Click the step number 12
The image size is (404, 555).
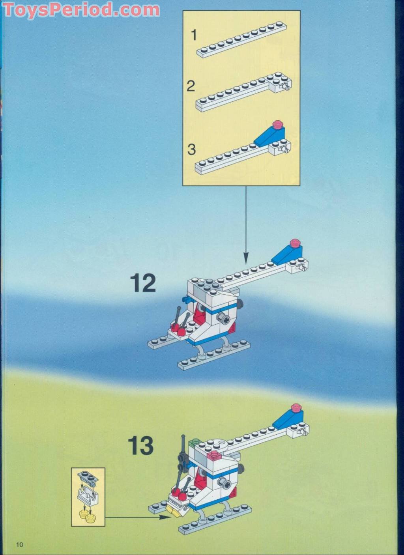143,283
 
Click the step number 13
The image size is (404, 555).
140,446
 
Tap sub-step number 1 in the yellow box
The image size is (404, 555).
193,35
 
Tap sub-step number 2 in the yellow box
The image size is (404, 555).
191,86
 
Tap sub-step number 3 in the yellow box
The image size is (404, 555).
191,149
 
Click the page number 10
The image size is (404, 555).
19,545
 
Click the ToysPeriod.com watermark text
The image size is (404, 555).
81,9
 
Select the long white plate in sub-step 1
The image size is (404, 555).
241,41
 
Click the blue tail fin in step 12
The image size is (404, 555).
286,253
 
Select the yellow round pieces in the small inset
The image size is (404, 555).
88,514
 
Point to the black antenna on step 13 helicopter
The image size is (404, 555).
183,446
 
